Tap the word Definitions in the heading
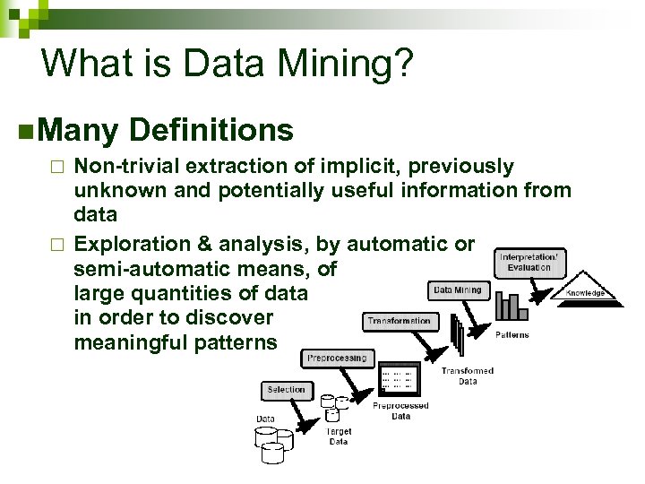[211, 131]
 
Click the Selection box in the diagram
[286, 390]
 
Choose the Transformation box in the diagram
[399, 320]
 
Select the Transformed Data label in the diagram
[469, 376]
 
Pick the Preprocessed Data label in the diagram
[400, 411]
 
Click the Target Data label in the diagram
[338, 437]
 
